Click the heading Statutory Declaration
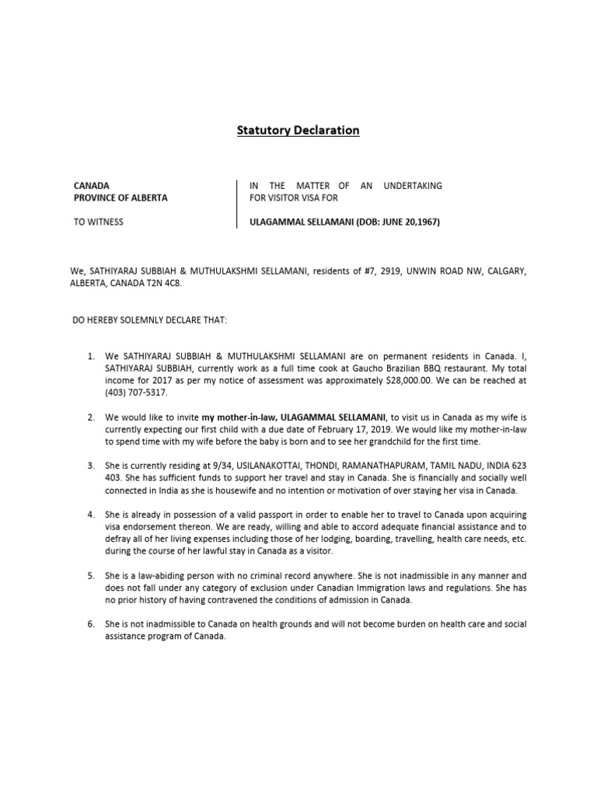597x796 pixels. tap(298, 130)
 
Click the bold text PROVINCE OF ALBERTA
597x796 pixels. tap(120, 197)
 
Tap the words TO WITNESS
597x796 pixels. tap(98, 222)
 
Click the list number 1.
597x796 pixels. tap(91, 356)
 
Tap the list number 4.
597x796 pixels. tap(91, 515)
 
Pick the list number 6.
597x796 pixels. tap(91, 624)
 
